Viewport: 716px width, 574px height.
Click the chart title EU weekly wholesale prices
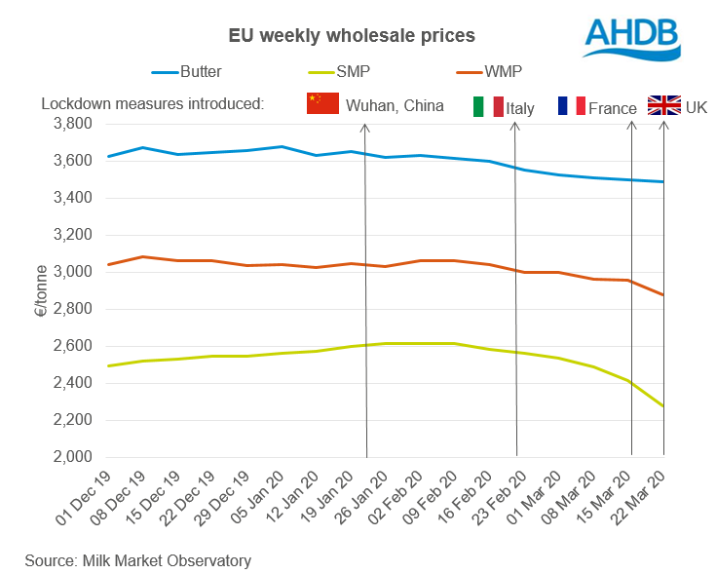(x=352, y=36)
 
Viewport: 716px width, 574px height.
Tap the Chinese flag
(x=321, y=104)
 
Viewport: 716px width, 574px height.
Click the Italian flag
(x=488, y=107)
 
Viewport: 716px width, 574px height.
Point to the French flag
(x=571, y=105)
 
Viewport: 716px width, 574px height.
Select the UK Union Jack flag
(x=663, y=105)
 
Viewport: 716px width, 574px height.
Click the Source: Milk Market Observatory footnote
(x=137, y=560)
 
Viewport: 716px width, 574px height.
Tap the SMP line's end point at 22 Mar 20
(x=663, y=406)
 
